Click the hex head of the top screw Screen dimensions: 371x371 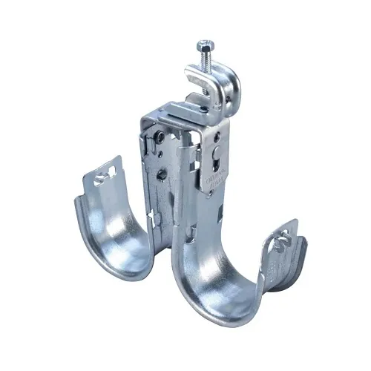(x=205, y=47)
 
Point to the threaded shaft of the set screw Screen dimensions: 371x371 (x=205, y=59)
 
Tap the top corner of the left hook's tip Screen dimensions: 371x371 (x=117, y=157)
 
